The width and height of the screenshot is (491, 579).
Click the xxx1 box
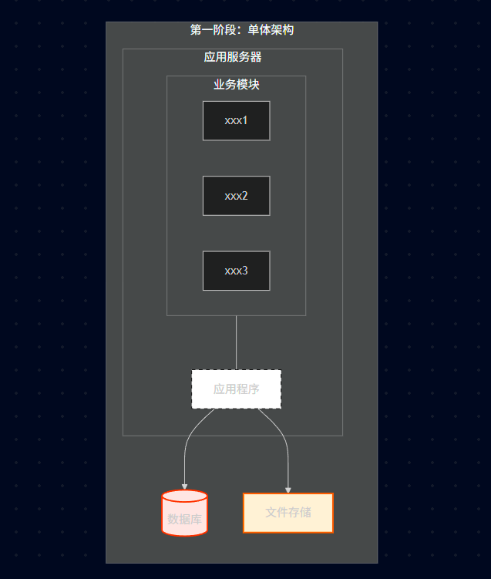[236, 120]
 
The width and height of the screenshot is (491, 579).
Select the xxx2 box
[236, 196]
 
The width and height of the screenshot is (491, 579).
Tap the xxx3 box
[236, 271]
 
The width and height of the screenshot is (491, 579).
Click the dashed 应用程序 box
[236, 389]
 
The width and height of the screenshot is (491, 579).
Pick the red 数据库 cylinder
[185, 513]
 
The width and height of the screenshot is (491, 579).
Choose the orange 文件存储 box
[288, 513]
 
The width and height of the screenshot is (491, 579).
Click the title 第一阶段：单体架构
[241, 30]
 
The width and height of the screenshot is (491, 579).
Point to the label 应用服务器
[233, 57]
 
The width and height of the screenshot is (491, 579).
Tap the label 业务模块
[236, 85]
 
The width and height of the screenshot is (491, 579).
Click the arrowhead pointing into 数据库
[185, 486]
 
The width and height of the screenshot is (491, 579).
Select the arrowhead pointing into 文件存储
[288, 490]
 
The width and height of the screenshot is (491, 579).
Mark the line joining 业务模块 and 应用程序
[236, 343]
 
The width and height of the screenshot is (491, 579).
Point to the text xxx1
[236, 121]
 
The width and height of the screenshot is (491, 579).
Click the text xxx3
[236, 271]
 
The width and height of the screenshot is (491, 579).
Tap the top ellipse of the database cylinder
[185, 497]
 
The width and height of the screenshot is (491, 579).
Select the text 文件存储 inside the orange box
[288, 513]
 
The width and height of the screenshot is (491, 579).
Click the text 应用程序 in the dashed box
[236, 389]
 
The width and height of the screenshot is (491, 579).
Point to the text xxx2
[236, 196]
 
